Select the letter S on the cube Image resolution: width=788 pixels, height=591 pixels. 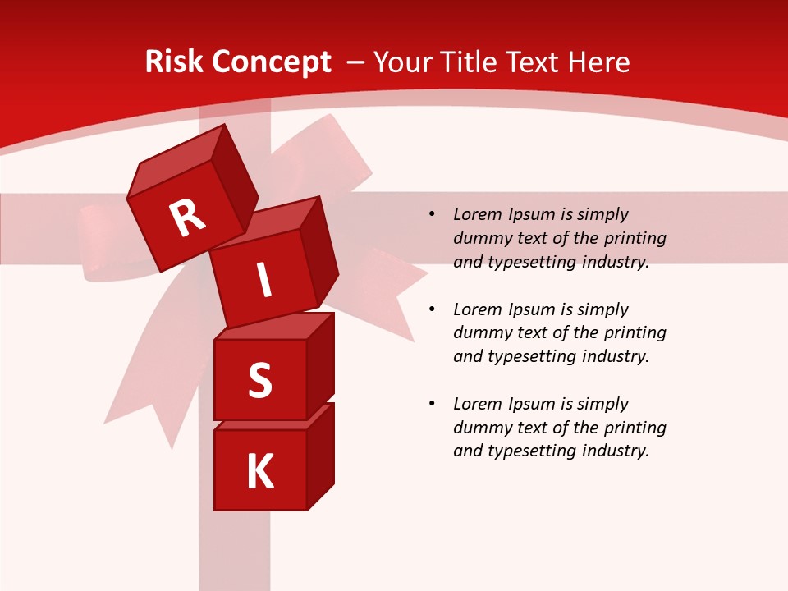259,380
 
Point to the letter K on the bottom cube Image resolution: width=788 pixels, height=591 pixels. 260,472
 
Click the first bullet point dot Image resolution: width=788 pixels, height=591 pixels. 432,215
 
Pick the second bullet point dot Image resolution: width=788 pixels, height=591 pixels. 432,309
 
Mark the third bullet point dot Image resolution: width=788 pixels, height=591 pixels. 432,404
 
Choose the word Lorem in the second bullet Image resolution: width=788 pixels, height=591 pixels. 476,309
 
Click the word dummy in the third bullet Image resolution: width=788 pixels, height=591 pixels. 480,428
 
